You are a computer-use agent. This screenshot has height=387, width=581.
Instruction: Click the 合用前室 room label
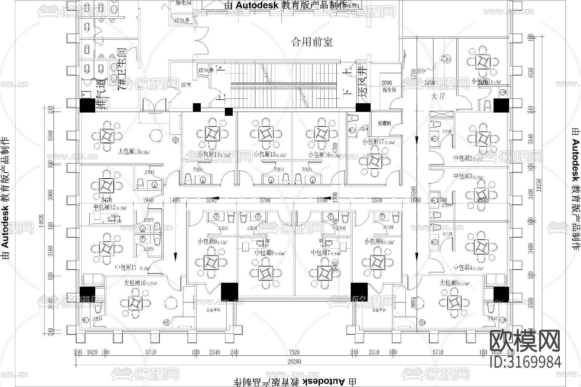coord(312,42)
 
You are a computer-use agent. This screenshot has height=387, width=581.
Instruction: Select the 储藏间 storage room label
coord(384,123)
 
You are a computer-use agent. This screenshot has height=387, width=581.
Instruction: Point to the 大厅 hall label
coord(438,96)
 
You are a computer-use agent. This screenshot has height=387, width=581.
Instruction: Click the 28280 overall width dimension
coord(294,362)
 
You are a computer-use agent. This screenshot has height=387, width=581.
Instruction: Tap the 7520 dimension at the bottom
coord(294,352)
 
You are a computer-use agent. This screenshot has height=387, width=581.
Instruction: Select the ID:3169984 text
coord(525,362)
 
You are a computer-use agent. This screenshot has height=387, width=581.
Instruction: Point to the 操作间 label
coord(389,90)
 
